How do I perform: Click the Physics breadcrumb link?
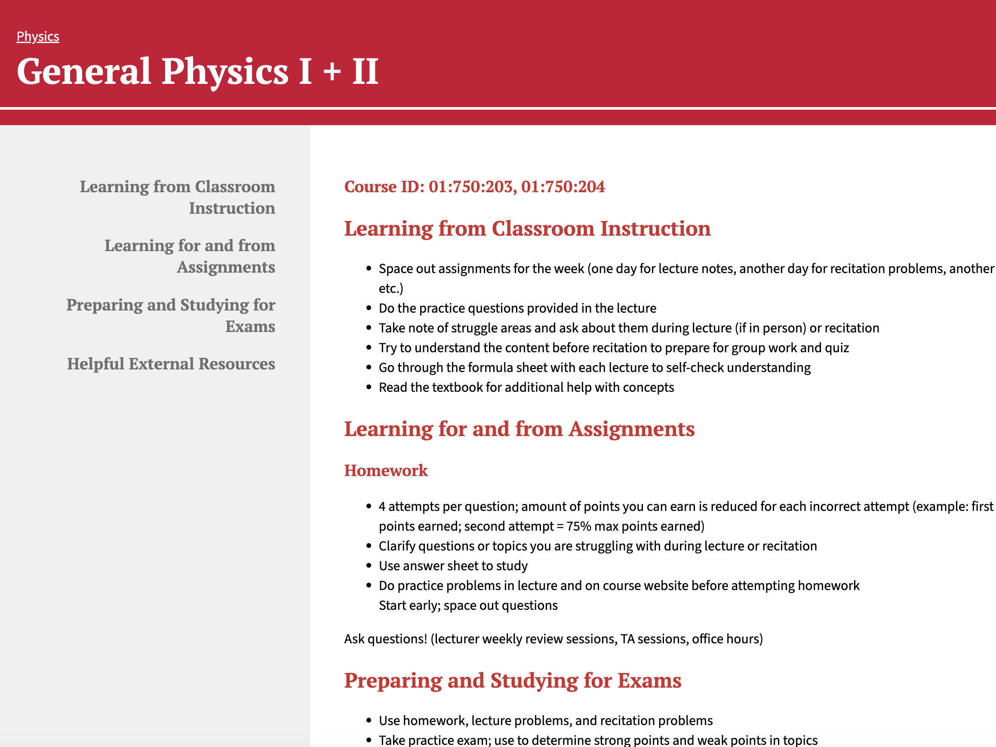click(x=38, y=37)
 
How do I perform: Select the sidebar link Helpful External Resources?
click(x=171, y=364)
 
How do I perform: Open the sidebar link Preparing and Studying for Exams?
click(x=171, y=315)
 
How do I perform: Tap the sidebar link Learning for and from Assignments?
click(x=190, y=256)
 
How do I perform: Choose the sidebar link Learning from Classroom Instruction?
click(x=178, y=197)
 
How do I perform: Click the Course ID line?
click(x=475, y=186)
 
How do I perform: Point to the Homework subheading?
click(x=386, y=470)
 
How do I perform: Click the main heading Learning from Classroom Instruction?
click(x=527, y=228)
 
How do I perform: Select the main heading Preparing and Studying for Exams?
click(x=513, y=680)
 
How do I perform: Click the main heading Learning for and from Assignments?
click(x=519, y=429)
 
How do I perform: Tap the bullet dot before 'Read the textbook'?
click(x=369, y=387)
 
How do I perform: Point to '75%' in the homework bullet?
click(x=578, y=526)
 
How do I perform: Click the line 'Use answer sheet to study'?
click(x=453, y=566)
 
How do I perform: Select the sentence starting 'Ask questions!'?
click(x=553, y=639)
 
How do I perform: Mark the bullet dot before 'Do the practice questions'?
click(x=369, y=308)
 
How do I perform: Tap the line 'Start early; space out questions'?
click(x=468, y=606)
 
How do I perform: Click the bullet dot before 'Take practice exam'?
click(x=369, y=740)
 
